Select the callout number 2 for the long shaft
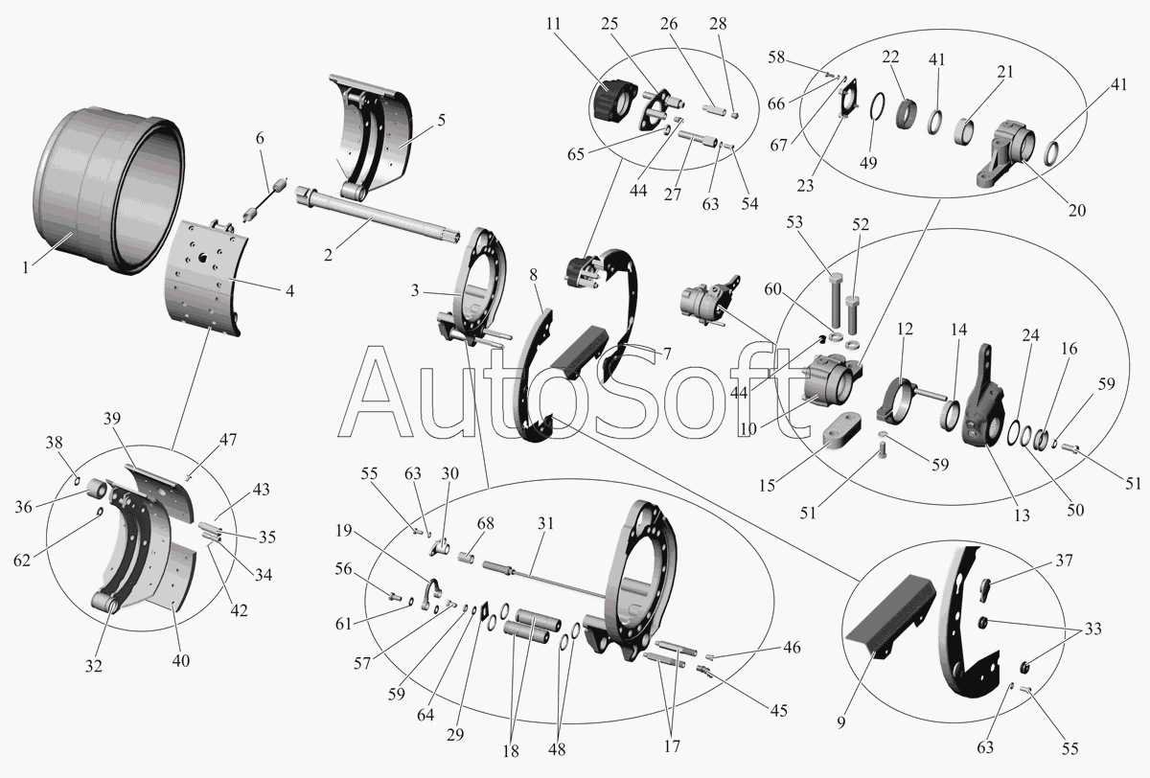[x=329, y=255]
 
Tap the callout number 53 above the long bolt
[x=794, y=222]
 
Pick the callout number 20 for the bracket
[x=1076, y=211]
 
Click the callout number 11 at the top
[x=554, y=24]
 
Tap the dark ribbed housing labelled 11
[x=613, y=107]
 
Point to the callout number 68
[x=485, y=523]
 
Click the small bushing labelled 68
[x=466, y=557]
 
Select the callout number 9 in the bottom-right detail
[x=841, y=723]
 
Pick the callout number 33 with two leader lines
[x=1093, y=629]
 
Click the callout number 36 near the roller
[x=24, y=507]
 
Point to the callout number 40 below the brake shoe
[x=181, y=660]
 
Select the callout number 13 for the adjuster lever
[x=1023, y=515]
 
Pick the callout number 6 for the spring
[x=261, y=138]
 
